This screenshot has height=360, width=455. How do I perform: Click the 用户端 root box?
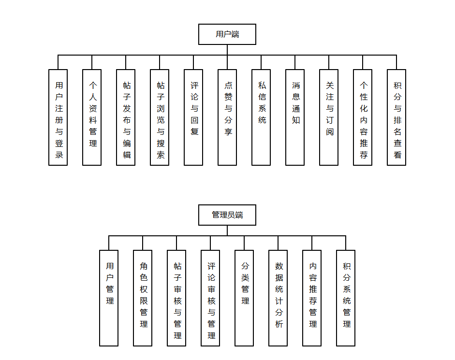click(x=227, y=34)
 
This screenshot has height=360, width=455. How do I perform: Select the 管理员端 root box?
click(x=227, y=215)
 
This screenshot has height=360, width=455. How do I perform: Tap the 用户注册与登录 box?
click(x=58, y=117)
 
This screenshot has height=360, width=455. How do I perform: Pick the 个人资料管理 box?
click(x=92, y=117)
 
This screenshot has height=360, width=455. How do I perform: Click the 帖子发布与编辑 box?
click(x=126, y=117)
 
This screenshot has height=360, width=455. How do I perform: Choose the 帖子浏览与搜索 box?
click(x=160, y=117)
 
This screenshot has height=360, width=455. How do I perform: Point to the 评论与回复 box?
click(x=193, y=117)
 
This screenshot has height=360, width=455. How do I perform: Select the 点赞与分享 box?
click(x=227, y=117)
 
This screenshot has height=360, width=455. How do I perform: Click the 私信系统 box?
click(x=261, y=117)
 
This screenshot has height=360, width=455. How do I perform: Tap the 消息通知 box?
click(x=295, y=117)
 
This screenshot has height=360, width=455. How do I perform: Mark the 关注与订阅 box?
click(x=329, y=117)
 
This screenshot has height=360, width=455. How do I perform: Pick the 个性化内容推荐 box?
click(x=363, y=117)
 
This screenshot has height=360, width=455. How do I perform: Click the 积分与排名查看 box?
click(x=396, y=117)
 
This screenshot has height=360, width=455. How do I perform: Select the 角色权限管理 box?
click(x=143, y=298)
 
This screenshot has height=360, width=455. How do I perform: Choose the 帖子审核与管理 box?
click(x=176, y=298)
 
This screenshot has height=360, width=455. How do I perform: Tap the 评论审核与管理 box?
click(x=210, y=298)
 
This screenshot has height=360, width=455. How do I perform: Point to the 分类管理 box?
click(x=244, y=298)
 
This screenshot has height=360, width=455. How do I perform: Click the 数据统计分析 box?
click(x=278, y=298)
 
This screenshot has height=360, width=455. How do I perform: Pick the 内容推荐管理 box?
click(x=312, y=298)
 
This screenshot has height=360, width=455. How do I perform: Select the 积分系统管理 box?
click(x=346, y=298)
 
